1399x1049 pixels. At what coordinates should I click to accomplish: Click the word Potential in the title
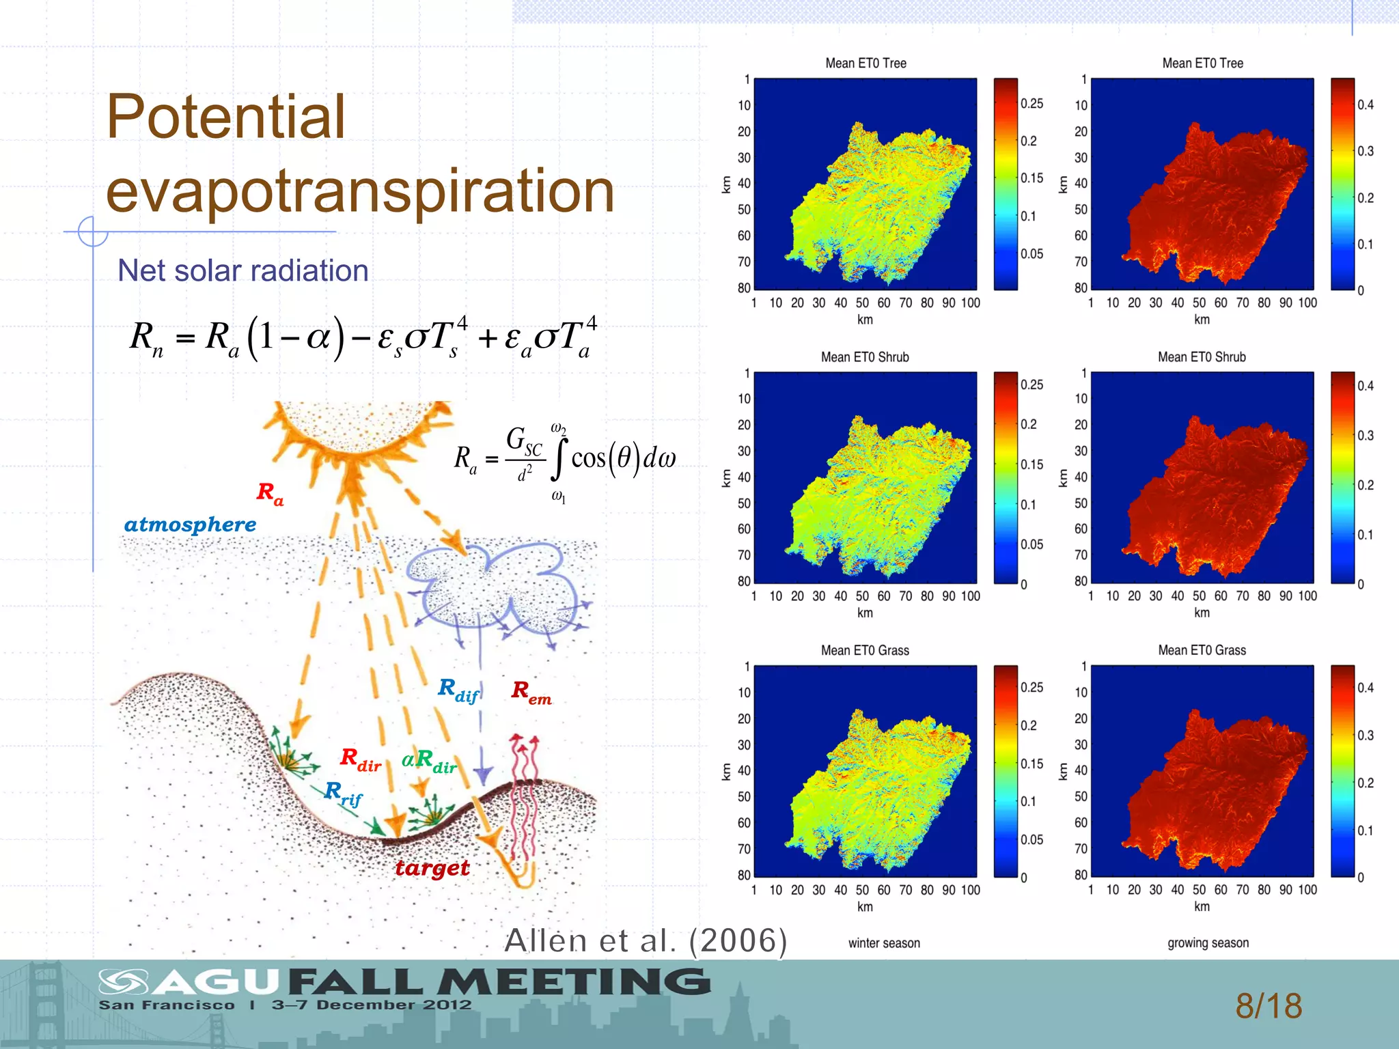(x=225, y=117)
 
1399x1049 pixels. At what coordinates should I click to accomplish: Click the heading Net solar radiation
(x=243, y=270)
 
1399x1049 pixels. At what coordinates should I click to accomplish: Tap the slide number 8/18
(x=1268, y=1006)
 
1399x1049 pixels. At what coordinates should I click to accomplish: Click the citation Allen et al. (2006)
(x=646, y=940)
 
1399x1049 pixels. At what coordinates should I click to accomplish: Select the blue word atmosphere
(x=190, y=524)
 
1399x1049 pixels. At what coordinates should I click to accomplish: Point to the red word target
(x=432, y=868)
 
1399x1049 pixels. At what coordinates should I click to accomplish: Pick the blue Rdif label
(x=458, y=690)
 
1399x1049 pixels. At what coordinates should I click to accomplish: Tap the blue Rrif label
(x=343, y=794)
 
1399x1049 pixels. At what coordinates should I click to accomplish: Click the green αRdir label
(x=429, y=761)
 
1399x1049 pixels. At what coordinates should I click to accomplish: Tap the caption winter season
(x=884, y=943)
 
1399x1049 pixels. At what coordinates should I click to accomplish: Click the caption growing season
(x=1208, y=943)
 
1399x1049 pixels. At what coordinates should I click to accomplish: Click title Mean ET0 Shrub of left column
(x=865, y=357)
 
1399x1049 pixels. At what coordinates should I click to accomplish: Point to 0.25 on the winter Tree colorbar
(x=1031, y=104)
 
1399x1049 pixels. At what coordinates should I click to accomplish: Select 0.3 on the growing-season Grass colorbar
(x=1365, y=736)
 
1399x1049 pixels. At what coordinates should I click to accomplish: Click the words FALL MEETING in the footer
(x=499, y=982)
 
